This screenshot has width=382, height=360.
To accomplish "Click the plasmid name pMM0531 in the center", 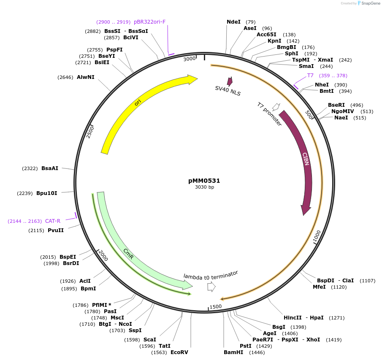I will point(204,181).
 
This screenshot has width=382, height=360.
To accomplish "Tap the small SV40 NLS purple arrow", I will point(230,81).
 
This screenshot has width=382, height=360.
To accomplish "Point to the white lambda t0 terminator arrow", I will point(211,287).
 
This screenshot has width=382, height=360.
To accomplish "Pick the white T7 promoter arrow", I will point(276,106).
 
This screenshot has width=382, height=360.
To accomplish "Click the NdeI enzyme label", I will point(233,22).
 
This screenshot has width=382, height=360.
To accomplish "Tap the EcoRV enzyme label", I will point(179,352).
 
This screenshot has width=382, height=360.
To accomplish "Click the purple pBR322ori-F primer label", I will point(149,22).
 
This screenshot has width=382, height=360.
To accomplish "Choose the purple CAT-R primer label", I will point(53,221).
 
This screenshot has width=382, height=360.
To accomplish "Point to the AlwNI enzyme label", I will point(86,77).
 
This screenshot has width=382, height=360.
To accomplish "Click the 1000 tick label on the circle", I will point(317,237).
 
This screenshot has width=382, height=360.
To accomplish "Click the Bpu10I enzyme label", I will point(46,193).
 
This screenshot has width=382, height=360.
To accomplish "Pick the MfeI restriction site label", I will point(319,287).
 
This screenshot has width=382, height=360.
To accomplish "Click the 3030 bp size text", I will point(204,187).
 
